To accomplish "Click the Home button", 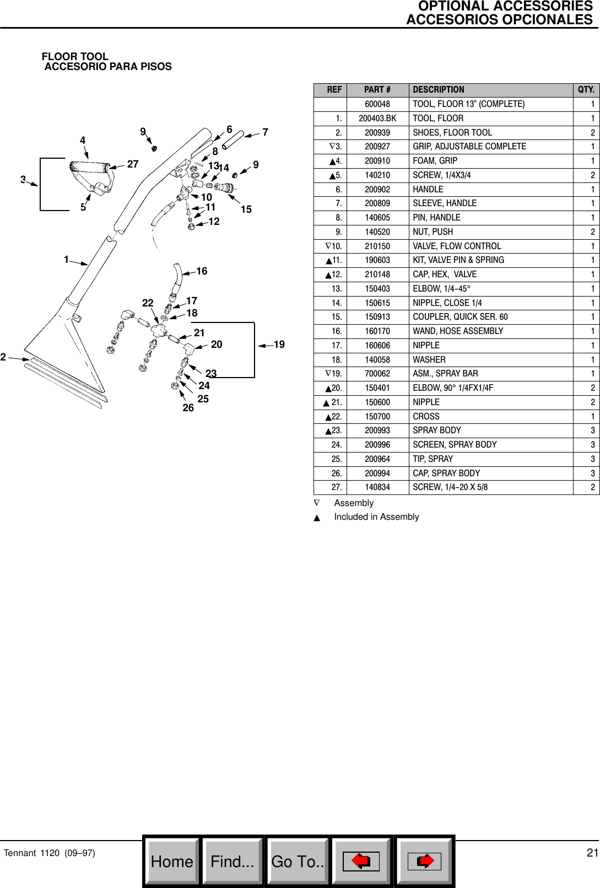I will pyautogui.click(x=172, y=861).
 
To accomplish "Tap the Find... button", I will pyautogui.click(x=233, y=861).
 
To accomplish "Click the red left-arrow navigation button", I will pyautogui.click(x=361, y=861).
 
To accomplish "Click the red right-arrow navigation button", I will pyautogui.click(x=425, y=861).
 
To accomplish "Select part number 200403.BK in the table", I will pyautogui.click(x=377, y=119).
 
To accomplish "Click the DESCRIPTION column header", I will pyautogui.click(x=439, y=90).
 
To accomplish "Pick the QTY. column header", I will pyautogui.click(x=586, y=90).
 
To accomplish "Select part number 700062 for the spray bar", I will pyautogui.click(x=377, y=374).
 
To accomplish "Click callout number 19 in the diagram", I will pyautogui.click(x=279, y=345).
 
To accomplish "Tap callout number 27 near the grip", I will pyautogui.click(x=133, y=164).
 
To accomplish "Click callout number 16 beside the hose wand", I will pyautogui.click(x=202, y=271).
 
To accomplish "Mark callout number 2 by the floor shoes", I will pyautogui.click(x=3, y=357).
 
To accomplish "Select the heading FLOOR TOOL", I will pyautogui.click(x=75, y=57).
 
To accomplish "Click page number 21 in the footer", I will pyautogui.click(x=592, y=853).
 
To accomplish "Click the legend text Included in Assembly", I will pyautogui.click(x=376, y=517).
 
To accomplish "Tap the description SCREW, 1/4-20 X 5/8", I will pyautogui.click(x=450, y=487).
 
